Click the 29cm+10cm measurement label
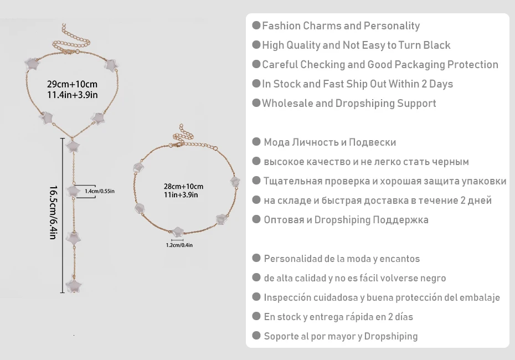click(72, 84)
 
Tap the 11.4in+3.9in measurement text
click(72, 95)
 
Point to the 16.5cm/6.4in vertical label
click(54, 213)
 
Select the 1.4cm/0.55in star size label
click(100, 191)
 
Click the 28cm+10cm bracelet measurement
click(184, 186)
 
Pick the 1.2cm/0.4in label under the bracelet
click(179, 245)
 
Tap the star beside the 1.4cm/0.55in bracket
click(73, 191)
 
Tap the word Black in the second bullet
click(437, 45)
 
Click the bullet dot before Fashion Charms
click(256, 25)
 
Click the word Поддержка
click(401, 220)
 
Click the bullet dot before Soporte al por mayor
click(256, 336)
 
